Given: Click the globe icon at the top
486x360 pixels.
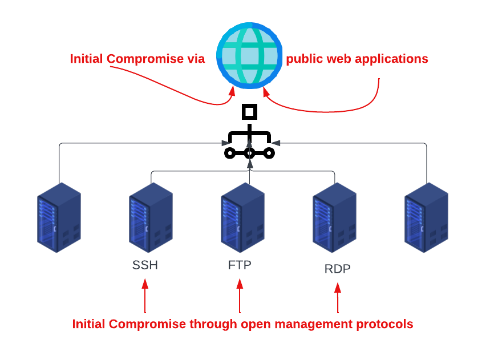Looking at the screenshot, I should click(x=249, y=55).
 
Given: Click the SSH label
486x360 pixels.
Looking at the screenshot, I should click(x=145, y=265).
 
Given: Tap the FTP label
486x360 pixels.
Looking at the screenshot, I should click(x=240, y=265).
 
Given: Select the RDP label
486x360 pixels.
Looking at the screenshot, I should click(x=338, y=269).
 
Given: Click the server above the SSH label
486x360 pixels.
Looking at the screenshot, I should click(x=151, y=217).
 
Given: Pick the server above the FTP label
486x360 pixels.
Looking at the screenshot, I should click(x=242, y=217).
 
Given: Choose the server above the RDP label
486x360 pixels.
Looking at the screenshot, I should click(x=334, y=217).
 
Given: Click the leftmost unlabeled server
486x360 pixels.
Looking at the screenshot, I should click(x=59, y=217).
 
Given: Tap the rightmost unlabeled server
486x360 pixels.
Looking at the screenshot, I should click(x=426, y=217).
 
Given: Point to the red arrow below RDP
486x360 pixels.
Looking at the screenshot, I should click(x=338, y=297).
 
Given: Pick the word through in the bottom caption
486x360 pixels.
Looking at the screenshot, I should click(x=213, y=324).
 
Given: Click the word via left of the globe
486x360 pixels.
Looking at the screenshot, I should click(x=195, y=59).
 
